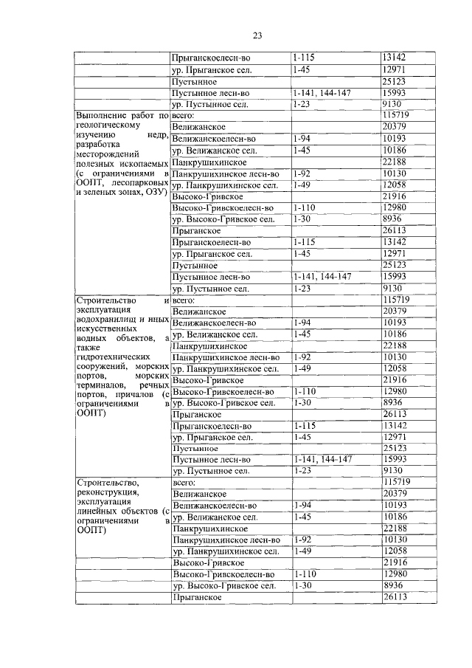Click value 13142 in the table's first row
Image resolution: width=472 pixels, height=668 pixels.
coord(395,57)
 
